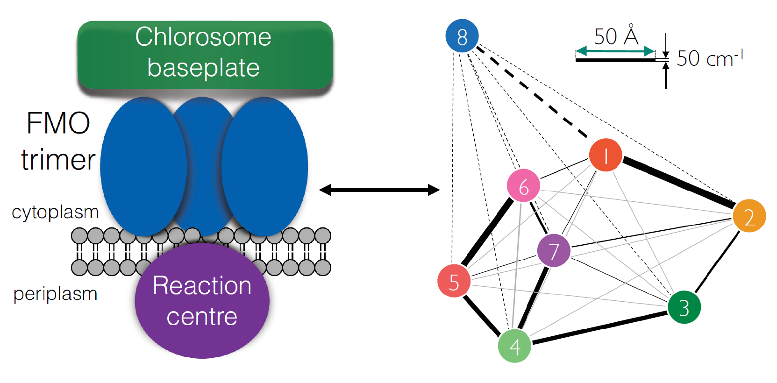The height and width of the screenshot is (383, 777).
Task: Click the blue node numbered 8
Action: (x=462, y=36)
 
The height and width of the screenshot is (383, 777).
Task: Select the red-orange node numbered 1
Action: (x=606, y=155)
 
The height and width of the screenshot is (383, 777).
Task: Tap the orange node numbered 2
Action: (x=749, y=216)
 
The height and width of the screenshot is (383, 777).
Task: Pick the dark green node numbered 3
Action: (x=684, y=307)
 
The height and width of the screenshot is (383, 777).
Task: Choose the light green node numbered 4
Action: (x=514, y=346)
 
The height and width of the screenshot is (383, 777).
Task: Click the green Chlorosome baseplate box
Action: (x=205, y=54)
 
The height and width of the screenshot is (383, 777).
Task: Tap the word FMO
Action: (x=58, y=123)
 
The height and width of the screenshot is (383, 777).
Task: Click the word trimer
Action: (x=58, y=160)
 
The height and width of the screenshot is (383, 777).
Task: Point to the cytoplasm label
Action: (x=55, y=213)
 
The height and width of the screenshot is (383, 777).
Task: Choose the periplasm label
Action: (x=55, y=294)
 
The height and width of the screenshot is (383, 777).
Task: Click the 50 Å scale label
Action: (x=616, y=36)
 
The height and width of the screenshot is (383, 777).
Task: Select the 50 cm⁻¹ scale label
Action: (x=709, y=59)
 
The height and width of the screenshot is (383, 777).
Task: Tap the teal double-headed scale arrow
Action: (x=615, y=51)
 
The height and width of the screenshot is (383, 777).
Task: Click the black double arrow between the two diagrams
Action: (x=379, y=190)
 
